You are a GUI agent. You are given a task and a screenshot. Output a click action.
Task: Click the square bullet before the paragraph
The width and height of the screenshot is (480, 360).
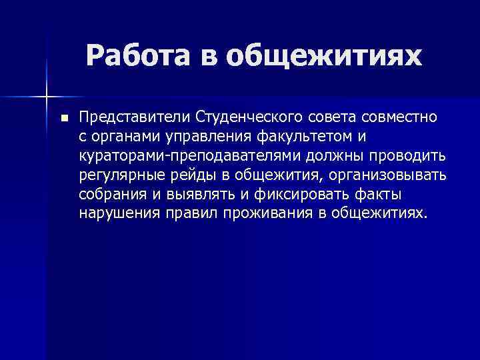[63, 118]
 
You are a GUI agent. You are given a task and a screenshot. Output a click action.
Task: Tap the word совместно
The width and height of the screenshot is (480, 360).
[399, 117]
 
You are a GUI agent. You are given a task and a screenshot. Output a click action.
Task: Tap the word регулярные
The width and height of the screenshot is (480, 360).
[117, 175]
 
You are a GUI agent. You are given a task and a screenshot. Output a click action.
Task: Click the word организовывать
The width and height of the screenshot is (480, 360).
[387, 175]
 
